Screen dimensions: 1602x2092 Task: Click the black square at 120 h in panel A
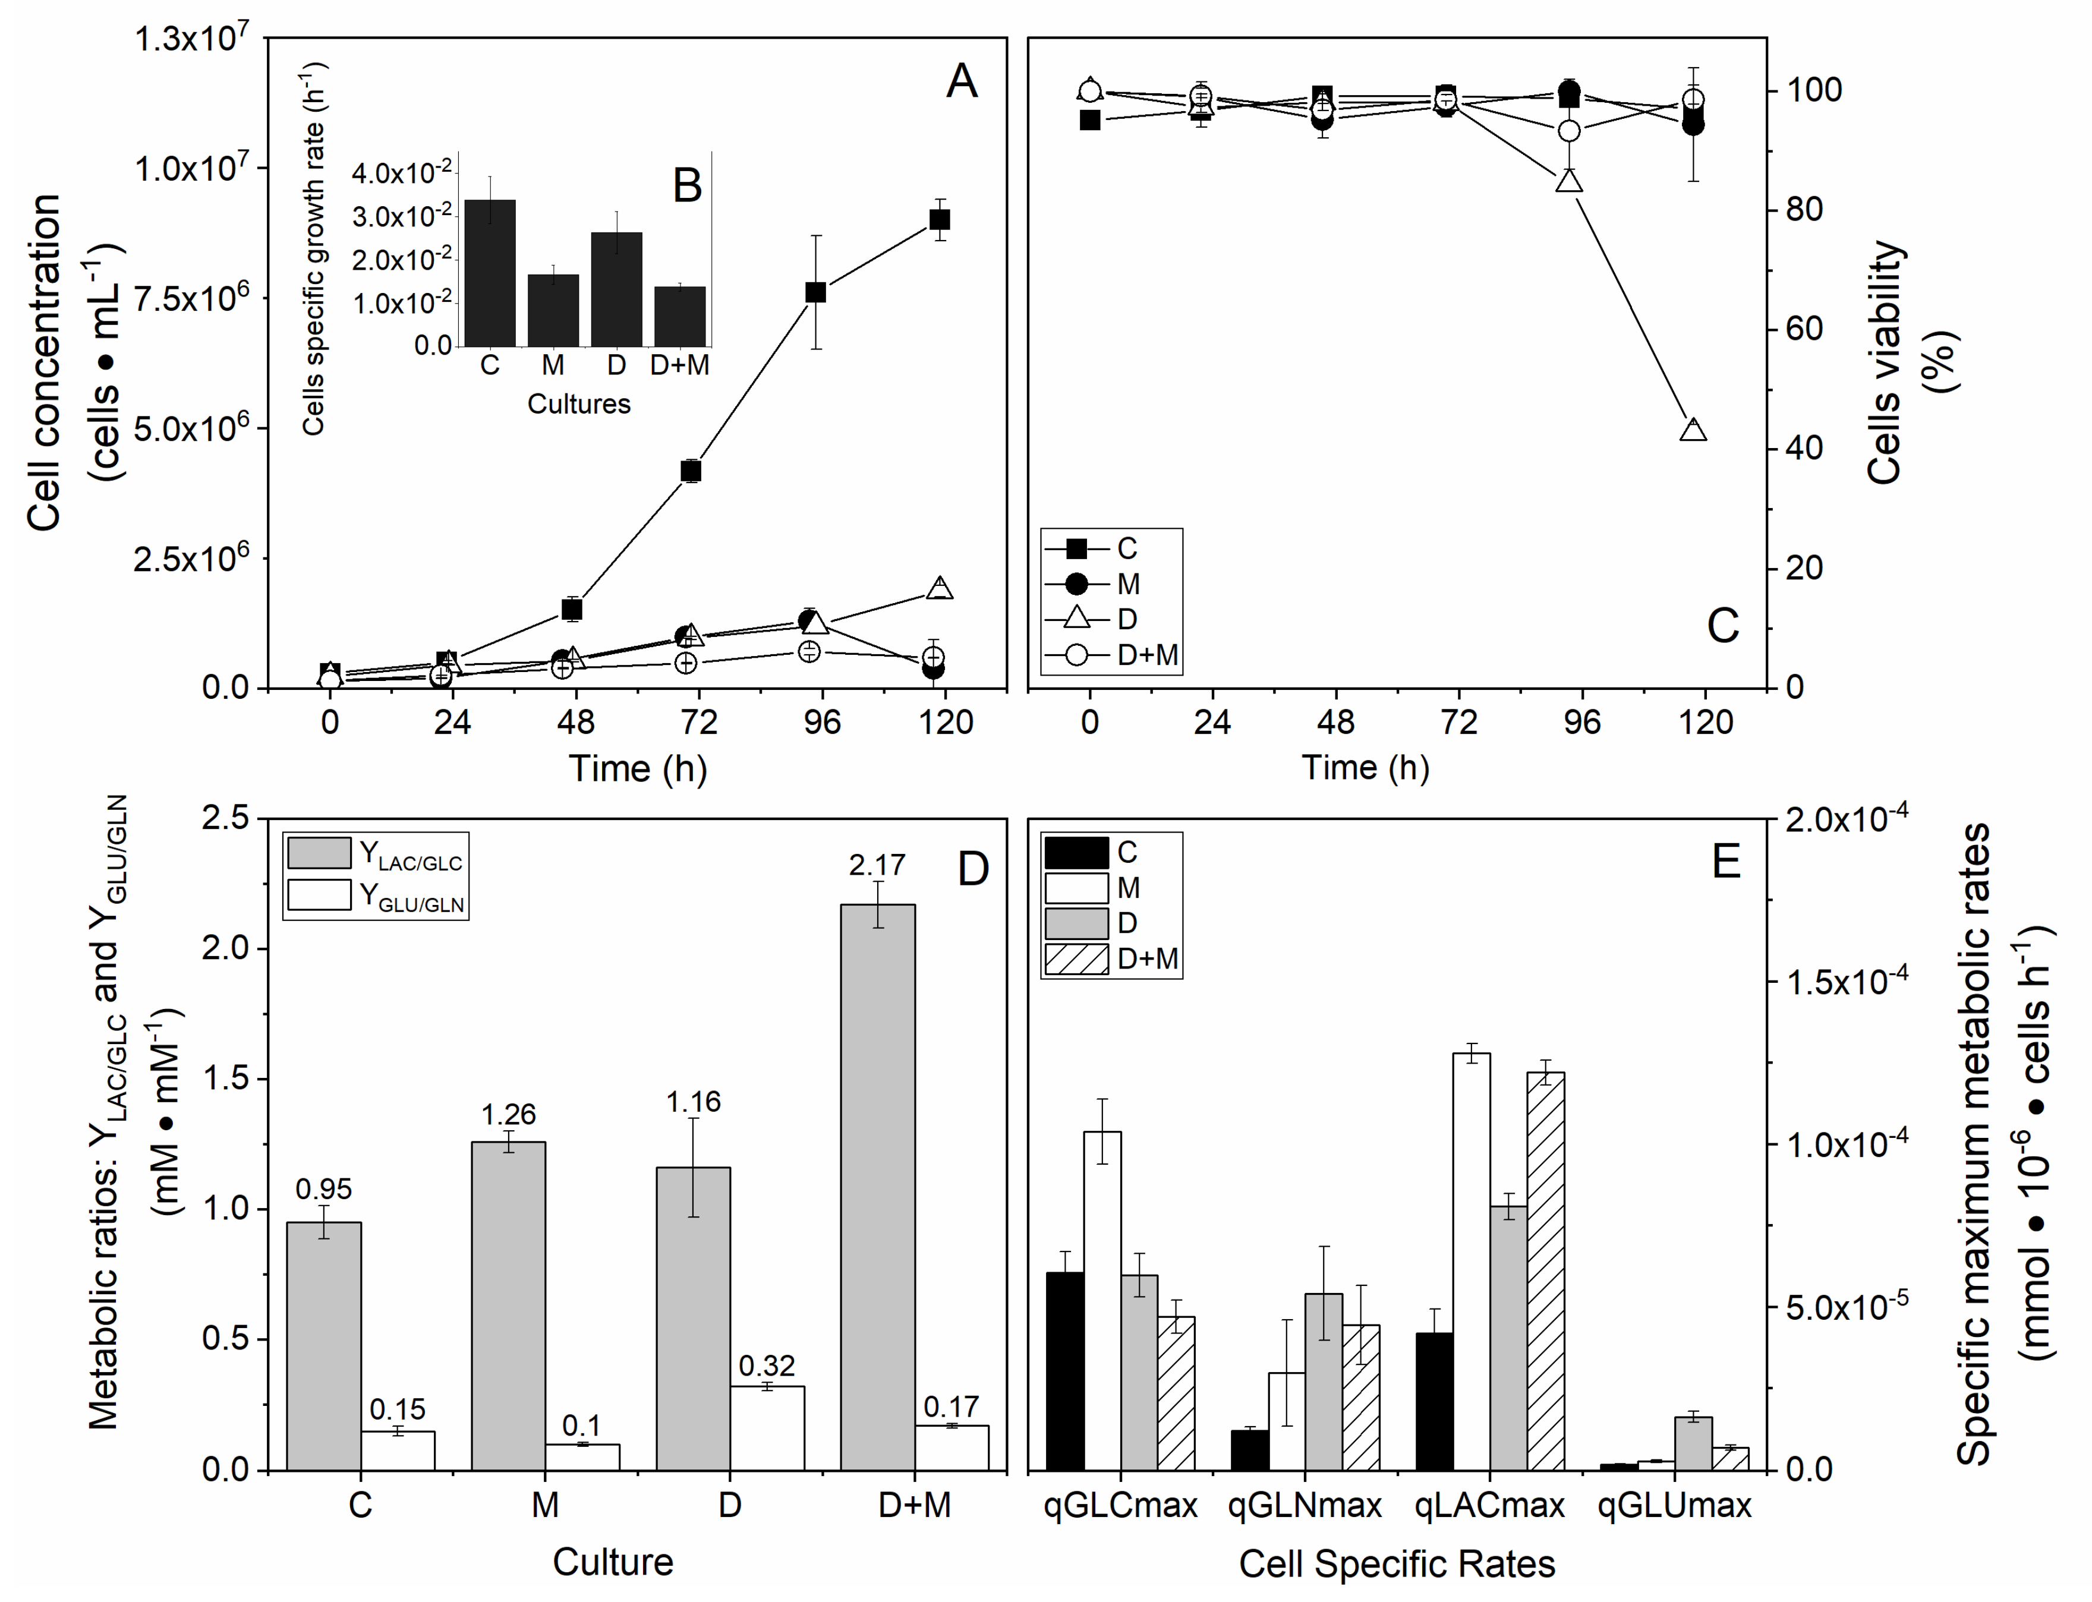tap(939, 219)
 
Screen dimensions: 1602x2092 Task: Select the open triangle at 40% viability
tap(1693, 430)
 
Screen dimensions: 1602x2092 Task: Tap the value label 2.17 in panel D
tap(877, 865)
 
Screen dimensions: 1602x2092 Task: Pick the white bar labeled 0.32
tap(768, 1427)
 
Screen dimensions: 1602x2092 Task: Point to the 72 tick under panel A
tap(699, 722)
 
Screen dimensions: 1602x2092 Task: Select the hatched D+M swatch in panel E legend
tap(1076, 958)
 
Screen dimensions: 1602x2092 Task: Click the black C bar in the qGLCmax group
tap(1065, 1370)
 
